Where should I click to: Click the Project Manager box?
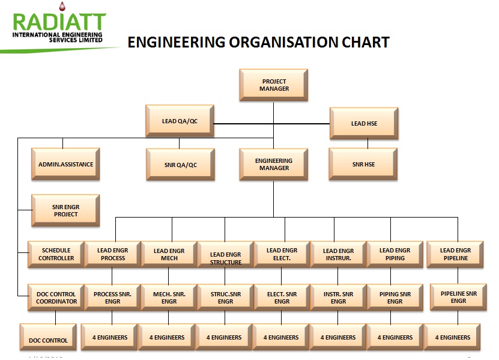[274, 85]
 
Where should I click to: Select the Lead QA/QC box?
[180, 121]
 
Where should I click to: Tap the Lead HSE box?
[364, 123]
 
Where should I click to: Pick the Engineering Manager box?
[273, 164]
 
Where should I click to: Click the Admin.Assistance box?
[65, 164]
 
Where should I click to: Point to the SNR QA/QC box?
[180, 165]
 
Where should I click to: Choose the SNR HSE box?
[363, 164]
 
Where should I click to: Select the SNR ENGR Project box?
[65, 210]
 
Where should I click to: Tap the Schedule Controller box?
[56, 254]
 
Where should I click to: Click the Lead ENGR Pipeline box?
[455, 254]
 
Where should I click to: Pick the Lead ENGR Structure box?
[226, 257]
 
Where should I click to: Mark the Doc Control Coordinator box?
[56, 297]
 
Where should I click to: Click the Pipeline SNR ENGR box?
[458, 296]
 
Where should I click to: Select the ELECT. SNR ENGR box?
[282, 297]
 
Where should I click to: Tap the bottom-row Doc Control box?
[48, 340]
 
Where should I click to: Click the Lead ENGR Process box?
[113, 254]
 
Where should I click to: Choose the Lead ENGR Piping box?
[395, 254]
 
